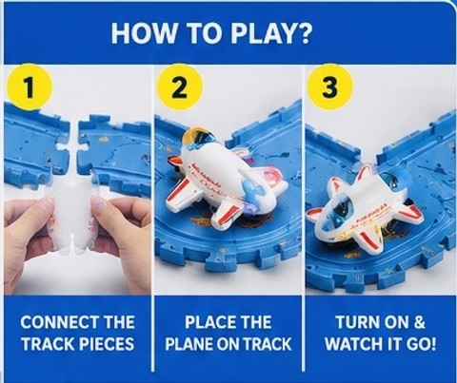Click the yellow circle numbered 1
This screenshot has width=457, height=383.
pyautogui.click(x=30, y=86)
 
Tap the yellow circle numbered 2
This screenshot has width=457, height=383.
pyautogui.click(x=180, y=86)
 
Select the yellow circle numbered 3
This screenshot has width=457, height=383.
pyautogui.click(x=330, y=86)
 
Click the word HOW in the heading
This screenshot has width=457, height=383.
pyautogui.click(x=143, y=33)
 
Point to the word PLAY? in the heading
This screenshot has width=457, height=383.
pyautogui.click(x=269, y=33)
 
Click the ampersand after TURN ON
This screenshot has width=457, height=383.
pyautogui.click(x=419, y=322)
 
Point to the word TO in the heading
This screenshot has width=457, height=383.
pyautogui.click(x=202, y=33)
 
